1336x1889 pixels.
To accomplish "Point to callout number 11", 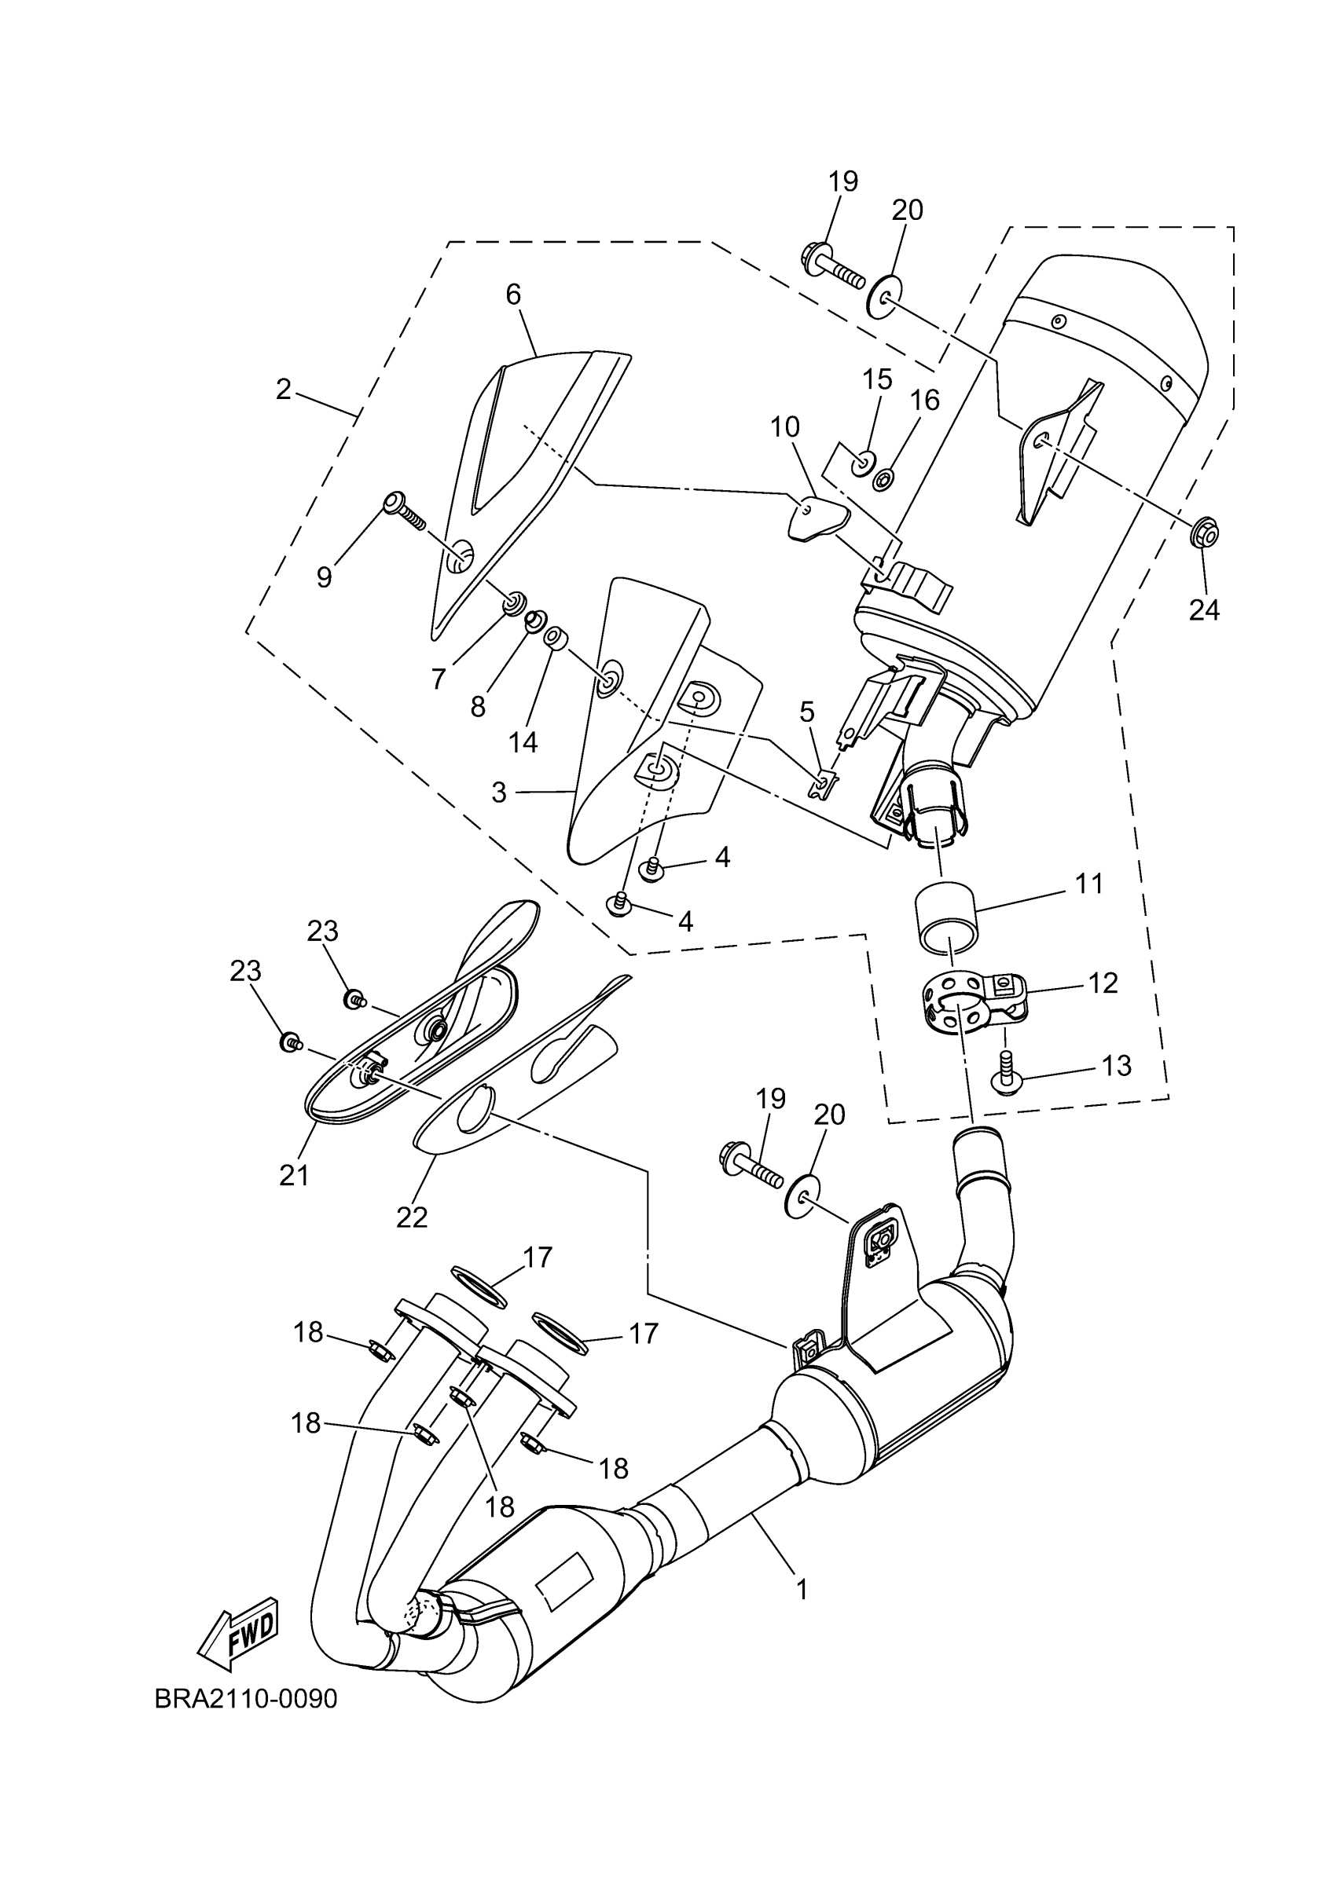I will pyautogui.click(x=1089, y=884).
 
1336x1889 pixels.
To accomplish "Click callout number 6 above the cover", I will pyautogui.click(x=514, y=294).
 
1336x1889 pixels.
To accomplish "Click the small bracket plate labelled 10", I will pyautogui.click(x=816, y=517).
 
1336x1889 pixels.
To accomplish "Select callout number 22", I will pyautogui.click(x=412, y=1217).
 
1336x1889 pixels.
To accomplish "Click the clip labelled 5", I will pyautogui.click(x=823, y=782).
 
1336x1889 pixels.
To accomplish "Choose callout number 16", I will pyautogui.click(x=925, y=401).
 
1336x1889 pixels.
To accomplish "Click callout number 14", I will pyautogui.click(x=523, y=742).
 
